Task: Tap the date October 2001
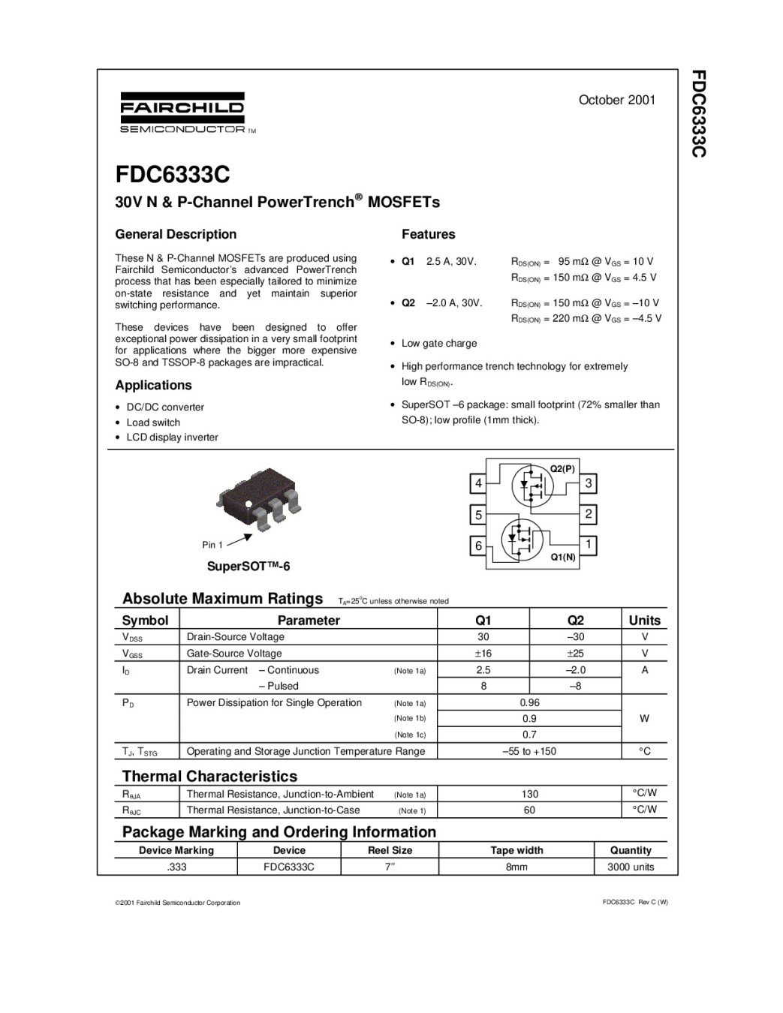[617, 100]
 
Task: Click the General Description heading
[176, 234]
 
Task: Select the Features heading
[428, 234]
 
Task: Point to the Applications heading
[153, 385]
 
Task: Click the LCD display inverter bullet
[172, 437]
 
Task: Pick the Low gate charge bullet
[439, 344]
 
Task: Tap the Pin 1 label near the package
[212, 545]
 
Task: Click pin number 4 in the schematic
[478, 484]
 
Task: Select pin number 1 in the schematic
[589, 544]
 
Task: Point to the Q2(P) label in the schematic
[562, 468]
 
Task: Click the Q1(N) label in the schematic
[563, 557]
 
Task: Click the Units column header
[644, 621]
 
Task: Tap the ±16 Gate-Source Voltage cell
[483, 654]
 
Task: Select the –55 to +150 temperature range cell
[529, 751]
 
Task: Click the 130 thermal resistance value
[529, 794]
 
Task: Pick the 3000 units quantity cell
[631, 867]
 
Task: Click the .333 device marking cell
[176, 867]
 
